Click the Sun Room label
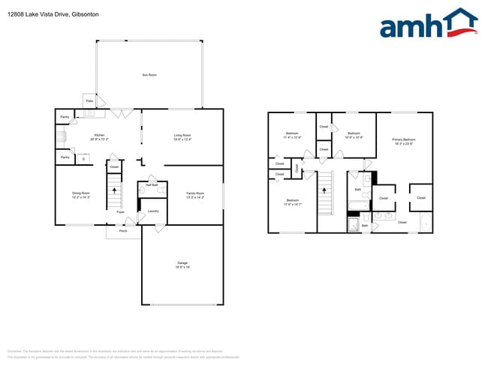coord(149,75)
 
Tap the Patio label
coord(89,100)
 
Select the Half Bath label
coord(151,184)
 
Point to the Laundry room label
coord(152,211)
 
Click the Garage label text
coord(182,262)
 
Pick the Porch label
coord(123,230)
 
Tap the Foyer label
coord(120,212)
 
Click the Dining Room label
coord(81,193)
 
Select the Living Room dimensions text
coord(182,139)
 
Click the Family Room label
coord(196,193)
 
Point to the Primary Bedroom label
coord(403,139)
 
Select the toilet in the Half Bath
coord(142,191)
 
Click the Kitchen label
coord(99,135)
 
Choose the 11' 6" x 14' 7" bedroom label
coord(292,200)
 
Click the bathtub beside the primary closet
coord(426,222)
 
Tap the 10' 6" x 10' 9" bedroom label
coord(354,135)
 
